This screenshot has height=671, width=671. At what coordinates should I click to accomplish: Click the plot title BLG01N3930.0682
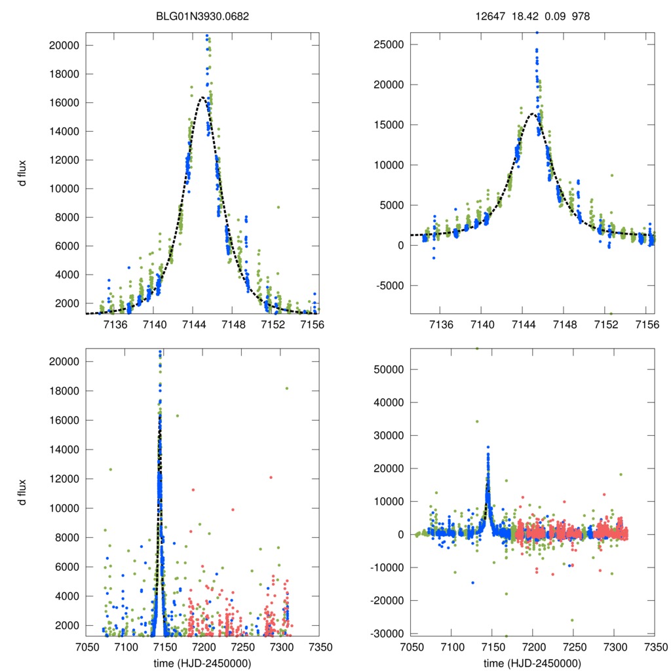pos(202,16)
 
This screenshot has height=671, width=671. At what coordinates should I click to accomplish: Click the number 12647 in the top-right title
pos(488,16)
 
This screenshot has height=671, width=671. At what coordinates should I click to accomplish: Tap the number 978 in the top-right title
pos(581,16)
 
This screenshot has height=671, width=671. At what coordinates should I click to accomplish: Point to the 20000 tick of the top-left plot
pos(65,46)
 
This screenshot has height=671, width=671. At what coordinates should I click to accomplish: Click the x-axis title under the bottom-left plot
pos(202,662)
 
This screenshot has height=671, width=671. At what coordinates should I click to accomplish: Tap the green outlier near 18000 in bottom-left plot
pos(286,389)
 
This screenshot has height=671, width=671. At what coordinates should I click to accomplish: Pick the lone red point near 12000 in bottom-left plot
pos(271,477)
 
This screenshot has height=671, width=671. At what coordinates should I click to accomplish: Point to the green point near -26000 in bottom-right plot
pos(572,620)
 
